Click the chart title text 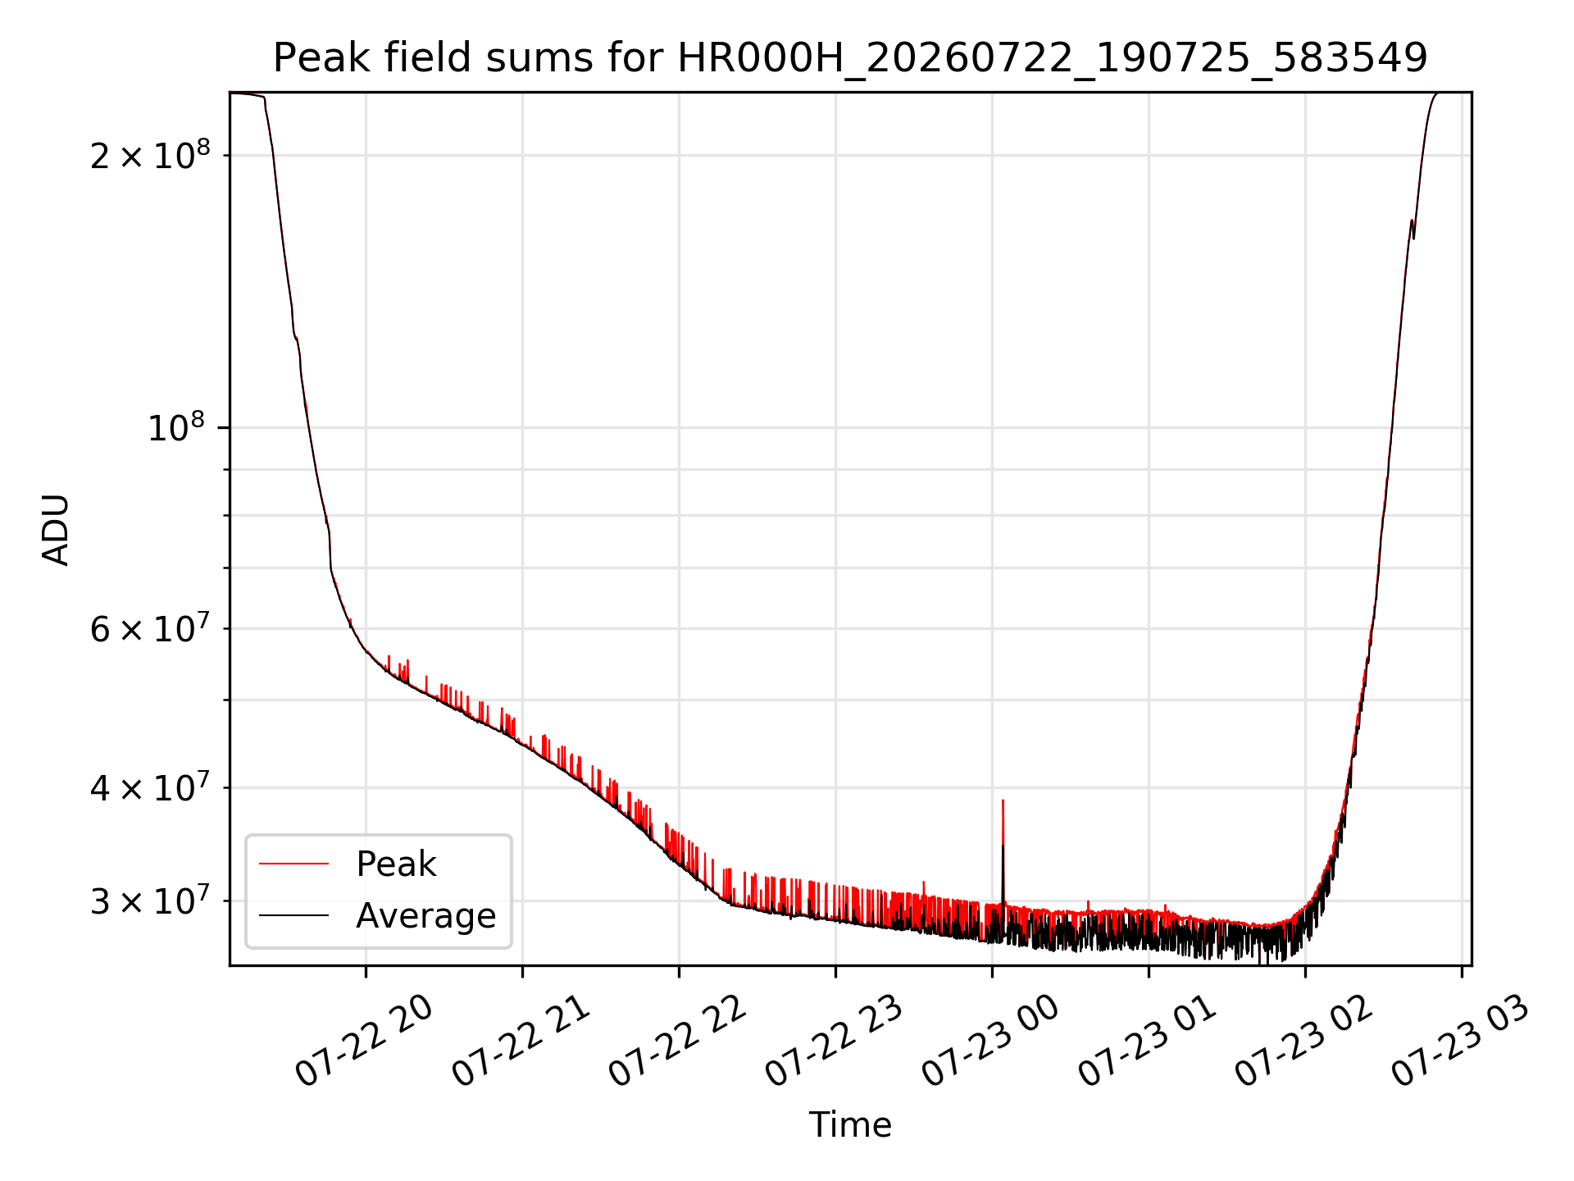pyautogui.click(x=850, y=58)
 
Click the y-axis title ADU pyautogui.click(x=56, y=529)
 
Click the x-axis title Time pyautogui.click(x=850, y=1124)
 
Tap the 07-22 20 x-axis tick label pyautogui.click(x=364, y=1042)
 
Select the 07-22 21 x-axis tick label pyautogui.click(x=521, y=1042)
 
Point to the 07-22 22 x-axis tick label pyautogui.click(x=678, y=1042)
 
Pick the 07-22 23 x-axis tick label pyautogui.click(x=835, y=1042)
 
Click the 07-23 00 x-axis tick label pyautogui.click(x=991, y=1042)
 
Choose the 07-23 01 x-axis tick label pyautogui.click(x=1148, y=1042)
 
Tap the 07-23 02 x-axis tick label pyautogui.click(x=1304, y=1042)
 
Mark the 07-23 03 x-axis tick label pyautogui.click(x=1461, y=1042)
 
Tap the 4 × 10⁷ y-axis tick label pyautogui.click(x=150, y=787)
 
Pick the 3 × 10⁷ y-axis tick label pyautogui.click(x=150, y=901)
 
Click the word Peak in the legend pyautogui.click(x=396, y=864)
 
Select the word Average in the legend pyautogui.click(x=426, y=915)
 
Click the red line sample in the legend pyautogui.click(x=293, y=864)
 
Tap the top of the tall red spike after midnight pyautogui.click(x=1003, y=800)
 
